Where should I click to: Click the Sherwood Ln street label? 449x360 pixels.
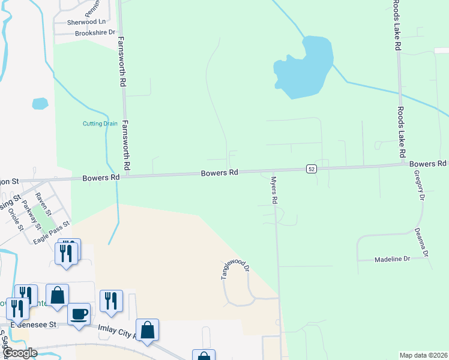[x=86, y=22]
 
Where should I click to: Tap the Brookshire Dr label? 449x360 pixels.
[x=95, y=33]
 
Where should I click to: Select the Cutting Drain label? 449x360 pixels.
[x=100, y=124]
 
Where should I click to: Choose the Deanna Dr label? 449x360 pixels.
[x=423, y=242]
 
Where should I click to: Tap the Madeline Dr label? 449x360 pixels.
[x=391, y=259]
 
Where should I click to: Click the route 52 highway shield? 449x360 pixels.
[x=310, y=169]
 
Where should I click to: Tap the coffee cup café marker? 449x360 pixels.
[x=79, y=314]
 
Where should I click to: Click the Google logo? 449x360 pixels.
[x=20, y=353]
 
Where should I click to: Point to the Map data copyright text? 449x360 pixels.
[x=423, y=355]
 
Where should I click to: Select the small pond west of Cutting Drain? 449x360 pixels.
[x=40, y=103]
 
